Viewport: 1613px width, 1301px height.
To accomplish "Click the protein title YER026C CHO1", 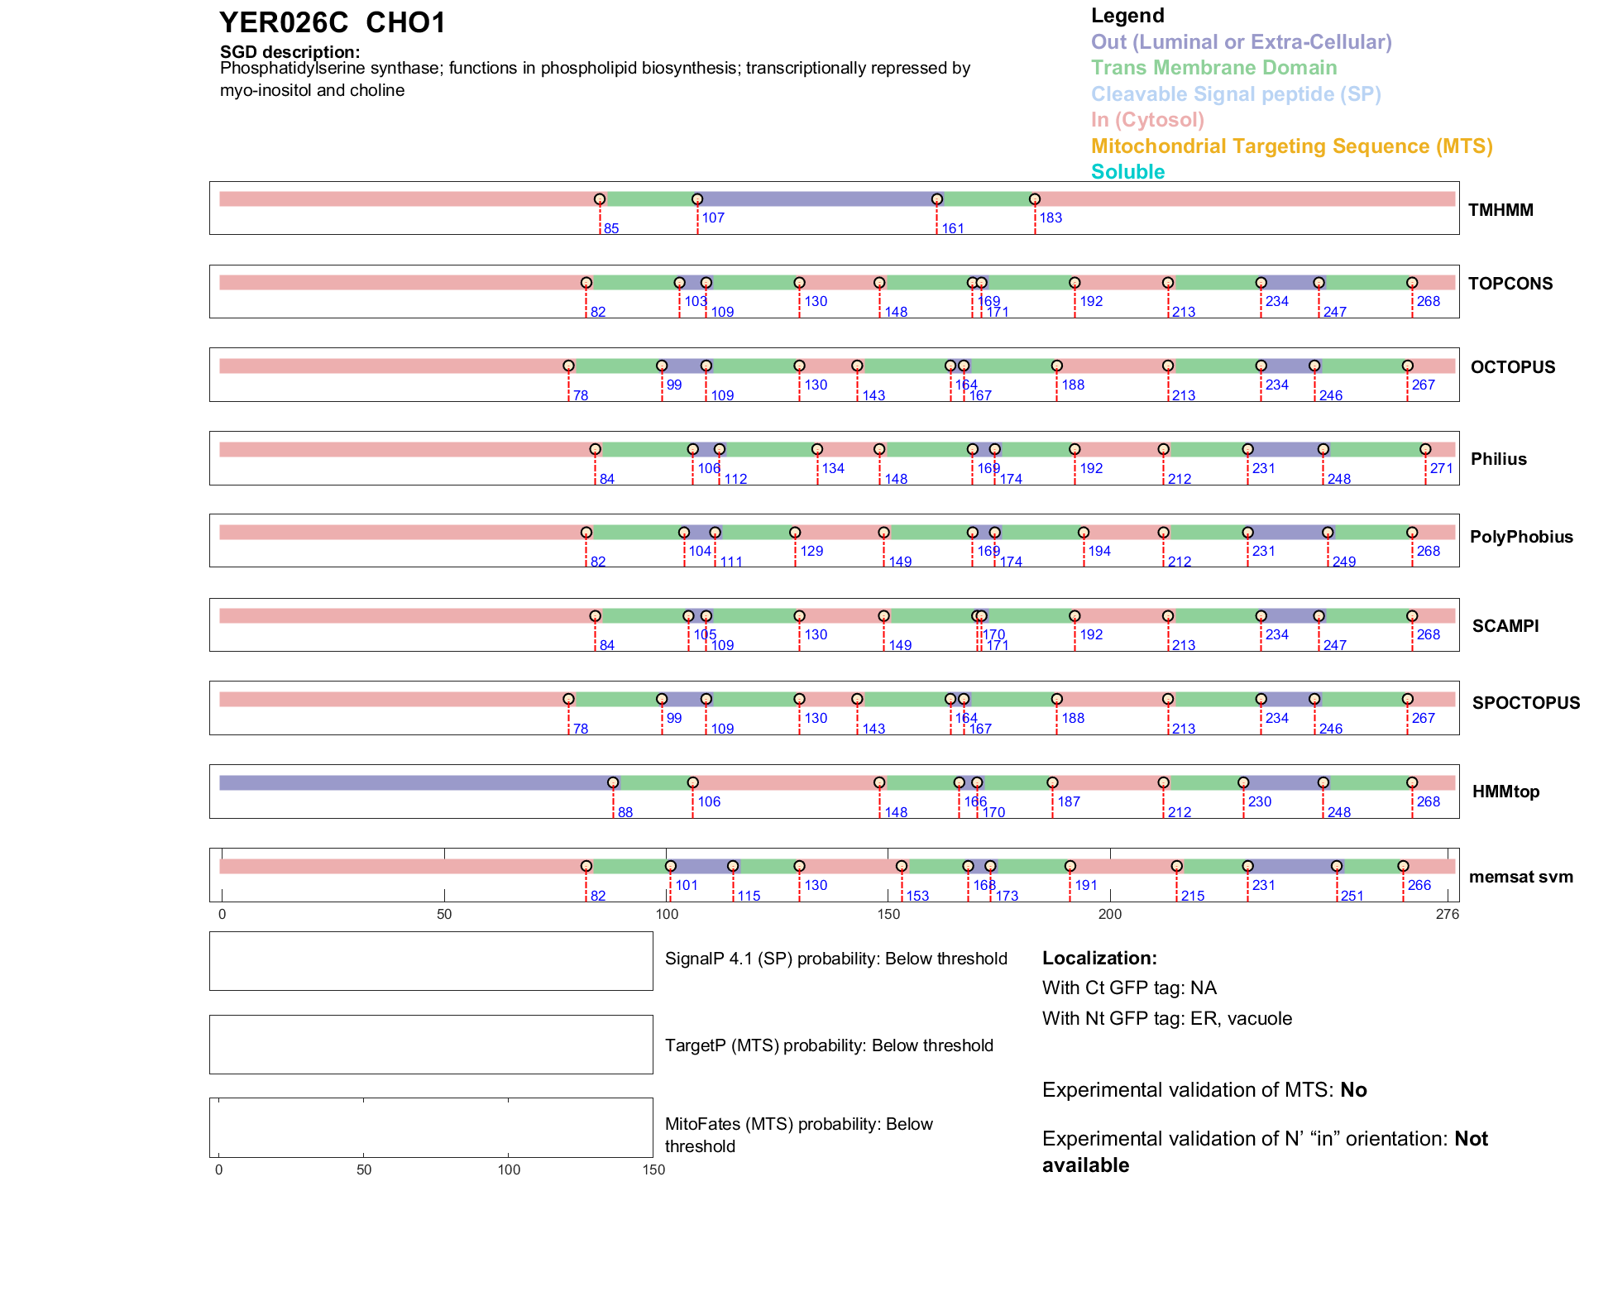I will click(x=333, y=23).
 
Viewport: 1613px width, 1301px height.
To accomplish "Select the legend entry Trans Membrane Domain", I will click(x=1213, y=68).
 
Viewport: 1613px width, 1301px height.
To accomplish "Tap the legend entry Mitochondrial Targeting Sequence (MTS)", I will click(x=1291, y=146).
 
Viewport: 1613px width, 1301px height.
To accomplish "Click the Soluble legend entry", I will click(x=1127, y=172).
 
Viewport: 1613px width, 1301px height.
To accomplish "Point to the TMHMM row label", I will click(x=1501, y=210).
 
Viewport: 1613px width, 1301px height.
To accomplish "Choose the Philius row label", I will click(x=1498, y=459).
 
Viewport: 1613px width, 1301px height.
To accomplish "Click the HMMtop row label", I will click(x=1505, y=792).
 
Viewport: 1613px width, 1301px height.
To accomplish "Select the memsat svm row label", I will click(x=1520, y=877).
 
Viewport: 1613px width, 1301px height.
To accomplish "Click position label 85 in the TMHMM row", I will click(x=611, y=229).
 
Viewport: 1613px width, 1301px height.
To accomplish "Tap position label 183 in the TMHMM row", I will click(x=1051, y=218).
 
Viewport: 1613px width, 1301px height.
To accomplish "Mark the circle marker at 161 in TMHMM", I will click(x=937, y=199).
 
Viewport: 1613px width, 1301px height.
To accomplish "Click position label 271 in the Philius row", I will click(x=1442, y=469).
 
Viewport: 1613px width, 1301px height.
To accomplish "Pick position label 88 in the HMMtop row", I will click(x=625, y=813).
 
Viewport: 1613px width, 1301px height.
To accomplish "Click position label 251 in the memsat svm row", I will click(x=1352, y=897).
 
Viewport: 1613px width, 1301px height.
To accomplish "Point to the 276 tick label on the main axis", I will click(x=1448, y=915).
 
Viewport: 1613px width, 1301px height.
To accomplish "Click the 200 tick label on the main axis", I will click(x=1110, y=915).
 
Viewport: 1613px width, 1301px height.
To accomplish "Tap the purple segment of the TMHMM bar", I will click(x=817, y=199).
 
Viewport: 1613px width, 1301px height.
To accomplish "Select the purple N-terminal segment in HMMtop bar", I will click(x=414, y=783).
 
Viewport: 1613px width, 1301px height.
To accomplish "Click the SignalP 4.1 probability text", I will click(x=835, y=959).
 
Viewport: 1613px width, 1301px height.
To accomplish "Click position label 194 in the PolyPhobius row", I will click(x=1099, y=552).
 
